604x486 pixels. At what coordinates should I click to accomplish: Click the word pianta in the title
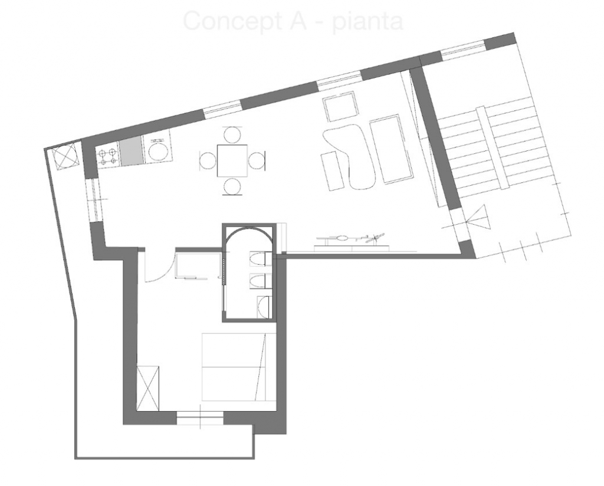pyautogui.click(x=368, y=22)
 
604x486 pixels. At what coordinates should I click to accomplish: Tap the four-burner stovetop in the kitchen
pyautogui.click(x=109, y=157)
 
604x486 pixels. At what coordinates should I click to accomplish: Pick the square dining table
pyautogui.click(x=232, y=160)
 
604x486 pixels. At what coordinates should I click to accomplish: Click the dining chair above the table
pyautogui.click(x=232, y=134)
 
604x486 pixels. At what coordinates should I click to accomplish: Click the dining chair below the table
pyautogui.click(x=232, y=187)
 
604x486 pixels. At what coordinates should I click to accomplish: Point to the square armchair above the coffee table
pyautogui.click(x=340, y=106)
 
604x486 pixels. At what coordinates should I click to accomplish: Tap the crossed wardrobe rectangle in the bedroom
pyautogui.click(x=148, y=388)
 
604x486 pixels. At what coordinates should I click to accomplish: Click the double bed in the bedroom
pyautogui.click(x=239, y=367)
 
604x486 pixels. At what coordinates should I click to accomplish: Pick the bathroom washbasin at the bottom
pyautogui.click(x=264, y=307)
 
